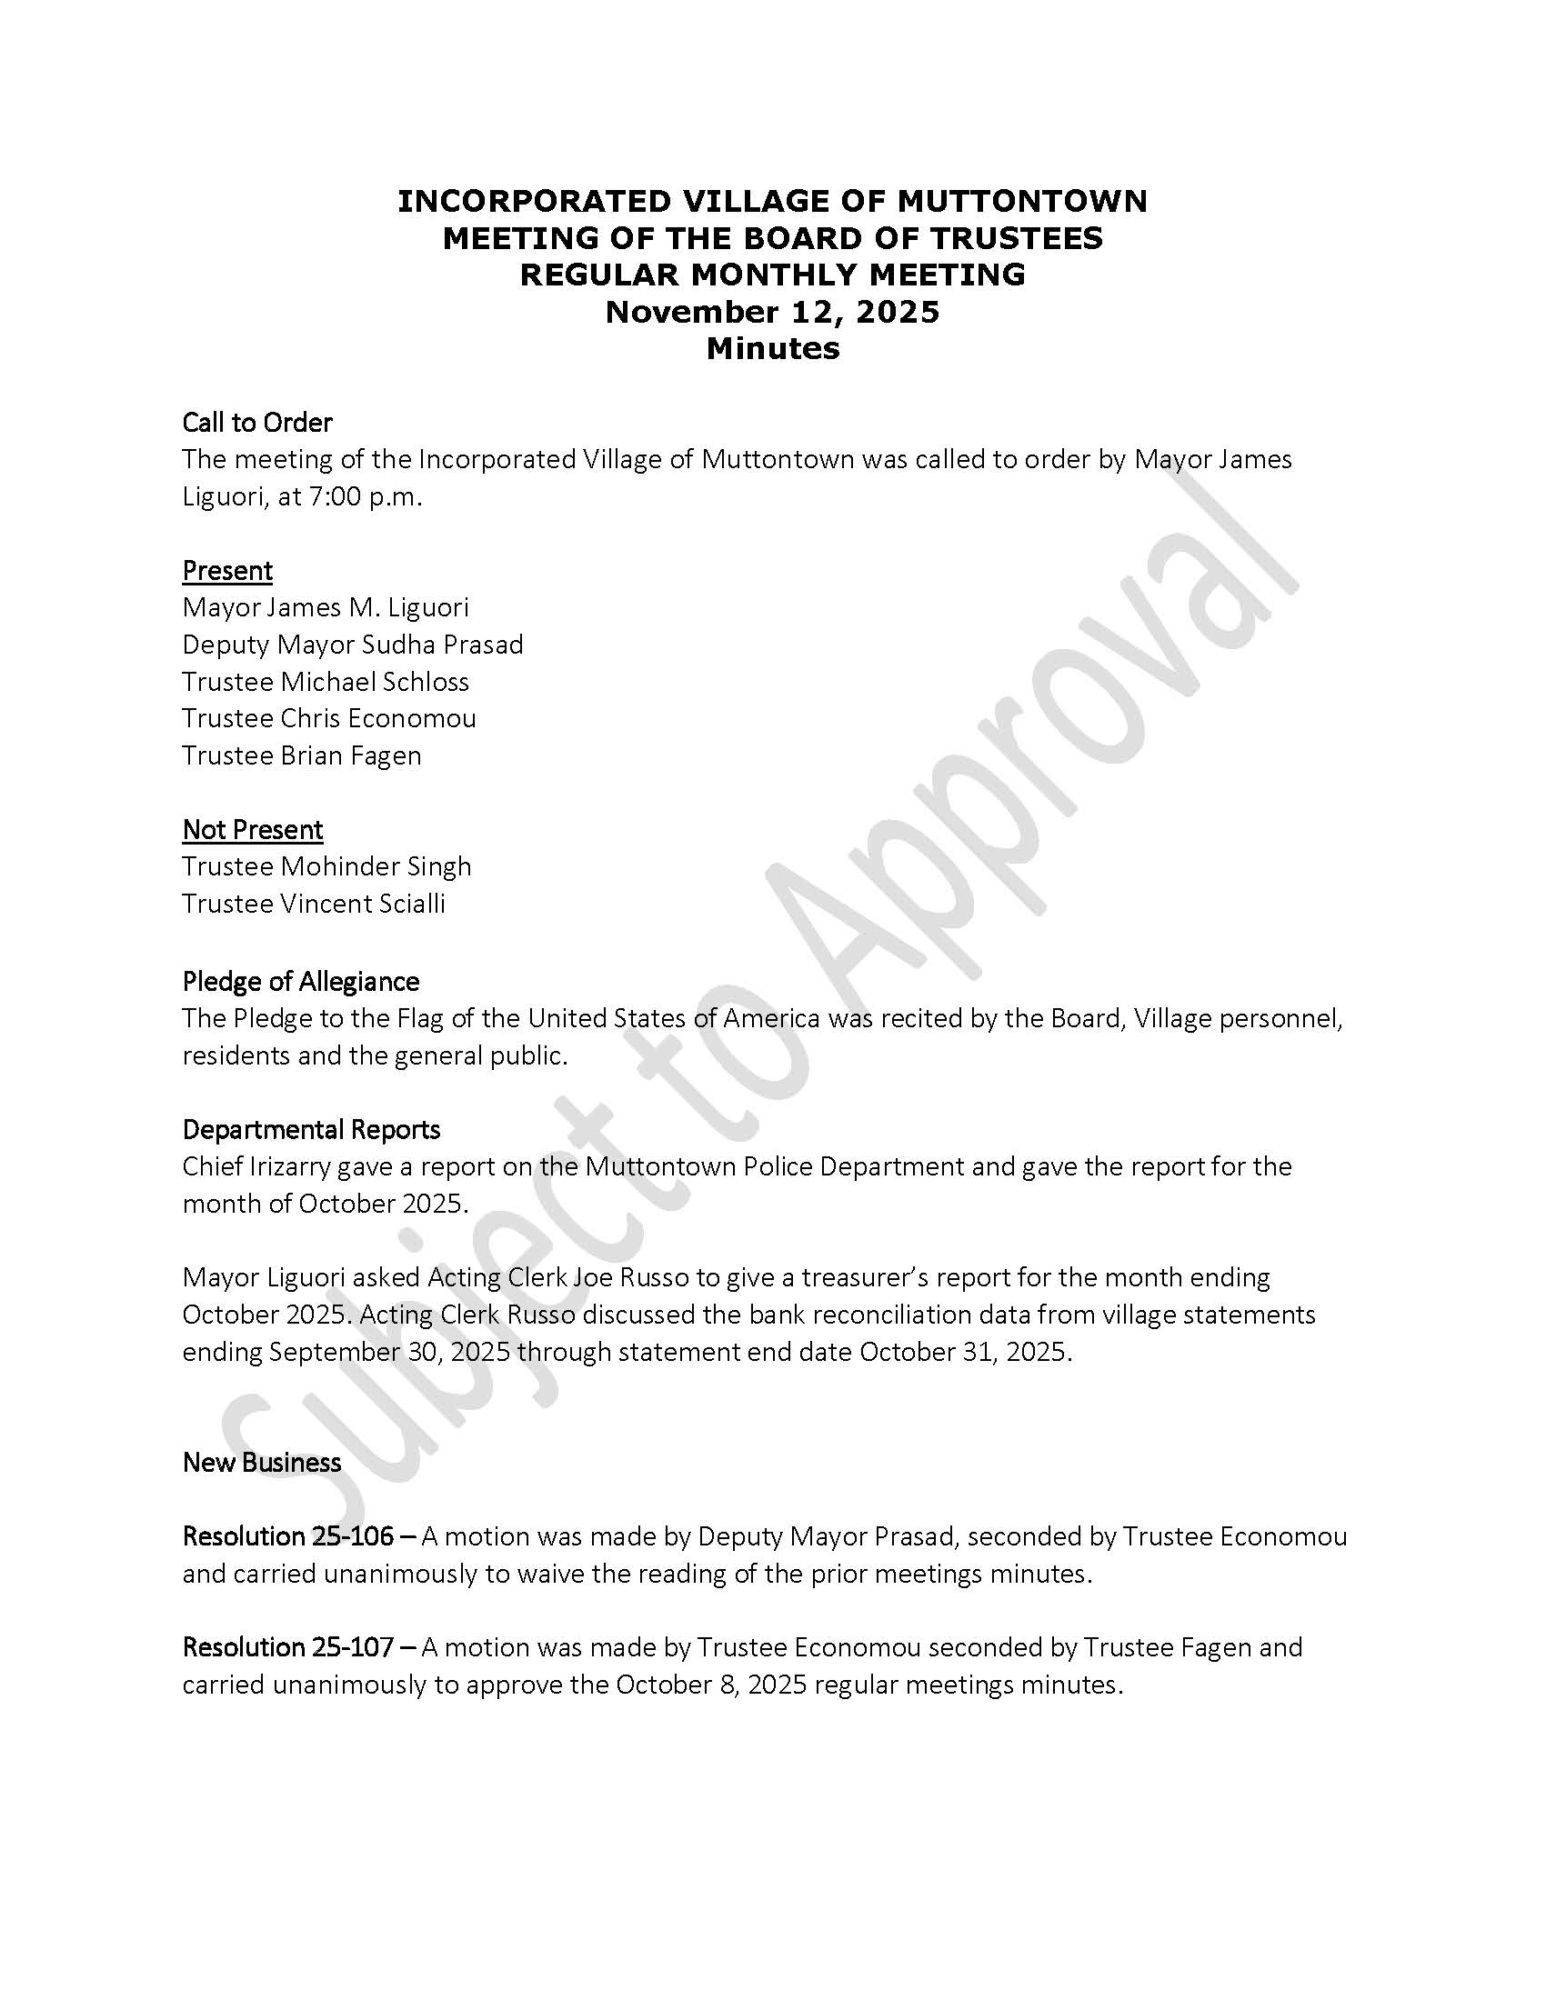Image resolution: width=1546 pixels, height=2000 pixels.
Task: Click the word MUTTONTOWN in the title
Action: [x=1022, y=201]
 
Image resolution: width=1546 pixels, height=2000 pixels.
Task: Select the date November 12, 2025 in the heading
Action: [x=772, y=311]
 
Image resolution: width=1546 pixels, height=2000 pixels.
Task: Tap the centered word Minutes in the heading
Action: [x=772, y=348]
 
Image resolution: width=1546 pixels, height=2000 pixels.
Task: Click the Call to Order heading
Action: [x=256, y=422]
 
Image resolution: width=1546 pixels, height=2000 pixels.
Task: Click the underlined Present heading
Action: [x=227, y=571]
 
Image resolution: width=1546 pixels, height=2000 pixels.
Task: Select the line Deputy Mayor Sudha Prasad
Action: [x=353, y=645]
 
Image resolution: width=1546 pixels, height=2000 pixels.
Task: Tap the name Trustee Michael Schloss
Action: [x=326, y=681]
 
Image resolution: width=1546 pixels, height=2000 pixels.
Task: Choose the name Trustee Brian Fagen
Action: [x=301, y=755]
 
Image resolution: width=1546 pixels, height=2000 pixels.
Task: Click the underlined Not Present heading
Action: [x=252, y=830]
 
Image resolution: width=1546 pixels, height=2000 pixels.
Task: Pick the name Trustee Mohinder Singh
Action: [x=326, y=866]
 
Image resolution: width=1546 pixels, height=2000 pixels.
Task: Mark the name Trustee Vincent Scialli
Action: [x=313, y=904]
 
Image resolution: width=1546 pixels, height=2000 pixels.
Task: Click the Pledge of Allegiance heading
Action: [x=300, y=982]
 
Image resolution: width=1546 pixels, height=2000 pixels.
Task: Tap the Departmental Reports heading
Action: [x=311, y=1129]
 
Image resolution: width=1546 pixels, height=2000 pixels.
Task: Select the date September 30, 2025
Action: [x=389, y=1352]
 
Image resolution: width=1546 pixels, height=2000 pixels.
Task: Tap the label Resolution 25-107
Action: [x=287, y=1647]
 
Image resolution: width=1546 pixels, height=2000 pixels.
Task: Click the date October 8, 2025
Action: [x=711, y=1685]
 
